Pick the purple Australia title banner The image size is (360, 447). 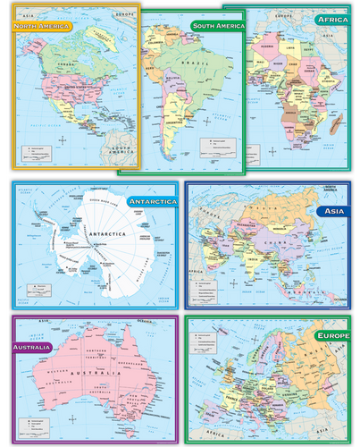[x=38, y=347]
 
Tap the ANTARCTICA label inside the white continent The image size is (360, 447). [x=107, y=235]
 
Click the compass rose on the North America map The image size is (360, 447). [x=60, y=139]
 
